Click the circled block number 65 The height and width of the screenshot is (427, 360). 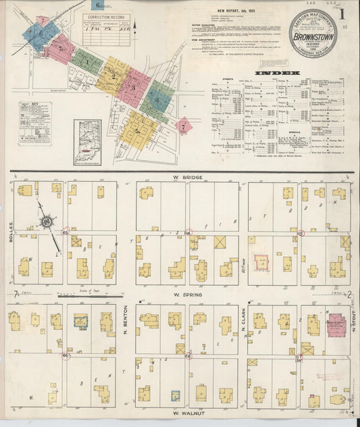pyautogui.click(x=66, y=233)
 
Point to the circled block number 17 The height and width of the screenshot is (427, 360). pyautogui.click(x=299, y=355)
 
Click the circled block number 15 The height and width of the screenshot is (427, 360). pyautogui.click(x=301, y=233)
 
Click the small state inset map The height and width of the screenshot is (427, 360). pyautogui.click(x=87, y=141)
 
